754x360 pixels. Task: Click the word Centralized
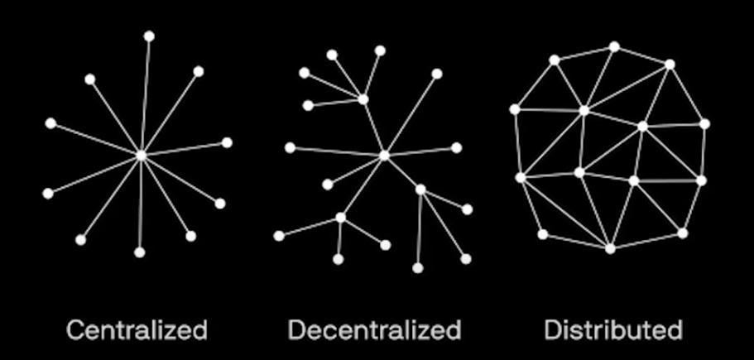136,331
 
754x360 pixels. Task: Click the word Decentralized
374,331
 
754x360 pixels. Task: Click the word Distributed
613,331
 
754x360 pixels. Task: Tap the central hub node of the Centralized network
142,155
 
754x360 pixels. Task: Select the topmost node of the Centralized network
149,36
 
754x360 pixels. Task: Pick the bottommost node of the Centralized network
139,252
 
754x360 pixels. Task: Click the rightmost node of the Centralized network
227,142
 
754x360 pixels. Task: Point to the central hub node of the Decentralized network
384,155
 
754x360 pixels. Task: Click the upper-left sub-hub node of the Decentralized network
363,99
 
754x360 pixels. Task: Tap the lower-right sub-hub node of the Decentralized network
420,190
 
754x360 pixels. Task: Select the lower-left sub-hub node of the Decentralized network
341,218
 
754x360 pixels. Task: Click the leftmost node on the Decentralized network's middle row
290,147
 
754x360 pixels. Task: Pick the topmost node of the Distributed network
614,46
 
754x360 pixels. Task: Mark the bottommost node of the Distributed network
610,248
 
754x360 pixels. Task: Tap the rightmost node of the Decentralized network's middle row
456,147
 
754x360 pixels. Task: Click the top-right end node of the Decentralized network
437,74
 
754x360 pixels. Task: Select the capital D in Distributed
552,331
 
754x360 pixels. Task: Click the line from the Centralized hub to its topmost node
146,95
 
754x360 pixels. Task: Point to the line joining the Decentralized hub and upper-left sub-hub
373,127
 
